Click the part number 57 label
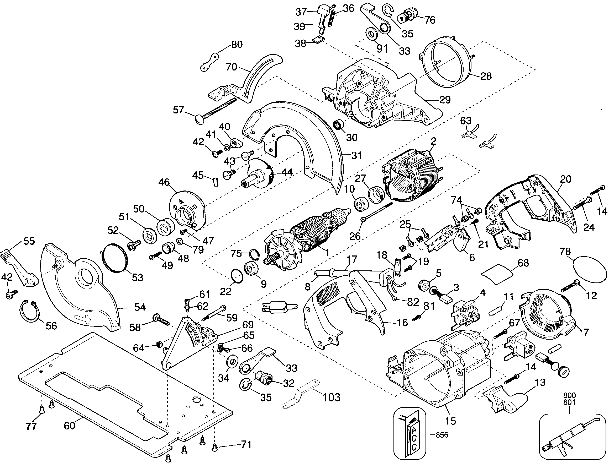178,110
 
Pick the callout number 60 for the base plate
69,426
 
